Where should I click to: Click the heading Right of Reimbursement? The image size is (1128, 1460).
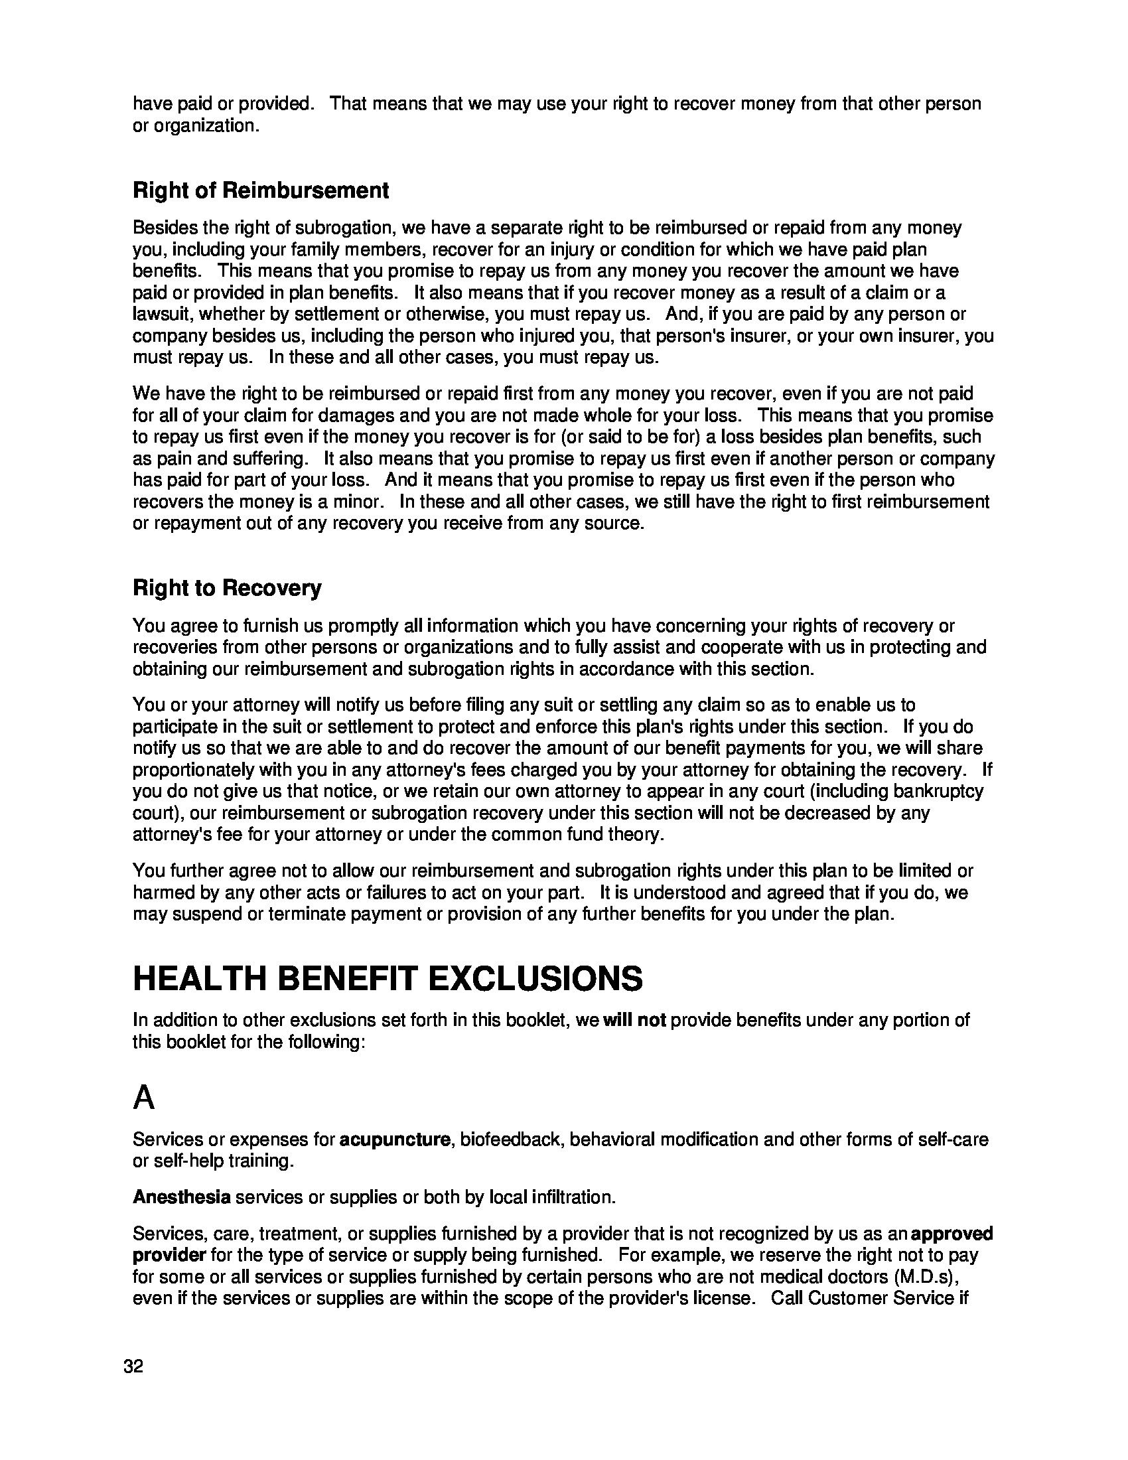261,190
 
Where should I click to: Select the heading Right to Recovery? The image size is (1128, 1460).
226,588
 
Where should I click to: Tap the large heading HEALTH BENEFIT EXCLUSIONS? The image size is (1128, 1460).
388,979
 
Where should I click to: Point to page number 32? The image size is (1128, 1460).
133,1366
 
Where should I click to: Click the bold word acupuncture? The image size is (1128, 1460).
394,1139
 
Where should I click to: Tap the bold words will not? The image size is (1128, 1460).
634,1020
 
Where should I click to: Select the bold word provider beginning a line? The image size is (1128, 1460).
169,1255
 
